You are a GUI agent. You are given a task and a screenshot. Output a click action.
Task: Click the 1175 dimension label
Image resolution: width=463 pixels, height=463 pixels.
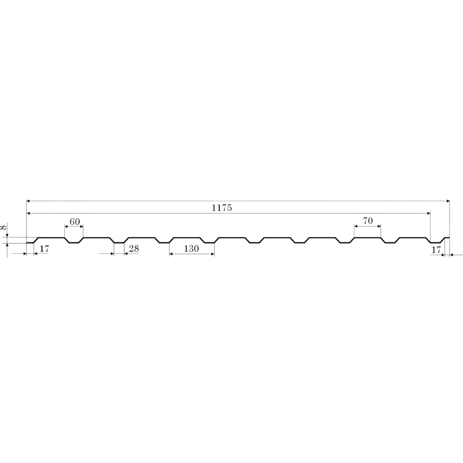point(222,208)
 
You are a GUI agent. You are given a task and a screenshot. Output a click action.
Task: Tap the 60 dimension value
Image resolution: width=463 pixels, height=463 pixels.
point(75,221)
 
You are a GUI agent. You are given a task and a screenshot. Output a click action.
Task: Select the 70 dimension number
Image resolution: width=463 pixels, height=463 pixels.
point(368,220)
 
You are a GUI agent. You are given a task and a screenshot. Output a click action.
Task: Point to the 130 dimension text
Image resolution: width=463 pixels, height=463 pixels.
point(191,249)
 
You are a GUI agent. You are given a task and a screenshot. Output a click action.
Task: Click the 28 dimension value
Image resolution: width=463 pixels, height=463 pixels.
point(134,249)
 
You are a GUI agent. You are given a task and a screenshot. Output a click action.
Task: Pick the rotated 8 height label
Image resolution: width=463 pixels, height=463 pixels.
point(4,227)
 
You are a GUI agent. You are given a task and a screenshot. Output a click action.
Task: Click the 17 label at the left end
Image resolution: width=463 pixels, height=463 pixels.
point(44,249)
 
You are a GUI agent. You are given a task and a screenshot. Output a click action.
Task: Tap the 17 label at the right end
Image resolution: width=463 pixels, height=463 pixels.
point(436,250)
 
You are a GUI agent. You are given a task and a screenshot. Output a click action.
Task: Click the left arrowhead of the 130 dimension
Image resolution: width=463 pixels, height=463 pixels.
point(171,254)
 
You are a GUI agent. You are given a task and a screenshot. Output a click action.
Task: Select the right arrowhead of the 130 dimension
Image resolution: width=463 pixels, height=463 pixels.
point(213,254)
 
